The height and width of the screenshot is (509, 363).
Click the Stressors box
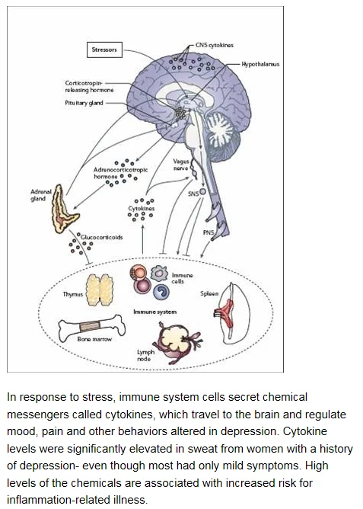coord(104,50)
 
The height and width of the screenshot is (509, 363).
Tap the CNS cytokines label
coord(215,45)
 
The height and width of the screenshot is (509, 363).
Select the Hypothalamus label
coord(260,64)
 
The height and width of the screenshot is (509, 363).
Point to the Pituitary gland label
coord(84,103)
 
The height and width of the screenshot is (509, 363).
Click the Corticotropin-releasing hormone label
coord(89,87)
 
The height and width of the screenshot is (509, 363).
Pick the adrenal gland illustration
coord(64,210)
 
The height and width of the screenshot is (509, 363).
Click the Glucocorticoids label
coord(101,237)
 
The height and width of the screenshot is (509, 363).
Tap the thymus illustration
coord(100,290)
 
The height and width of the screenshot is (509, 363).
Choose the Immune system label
coord(155,312)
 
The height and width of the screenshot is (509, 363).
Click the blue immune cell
coord(161,292)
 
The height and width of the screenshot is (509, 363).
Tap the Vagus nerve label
coord(181,165)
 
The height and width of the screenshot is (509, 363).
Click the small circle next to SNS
coord(202,191)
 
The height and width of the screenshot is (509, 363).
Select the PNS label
coord(209,232)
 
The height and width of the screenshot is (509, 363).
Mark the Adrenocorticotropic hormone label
coord(120,173)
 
